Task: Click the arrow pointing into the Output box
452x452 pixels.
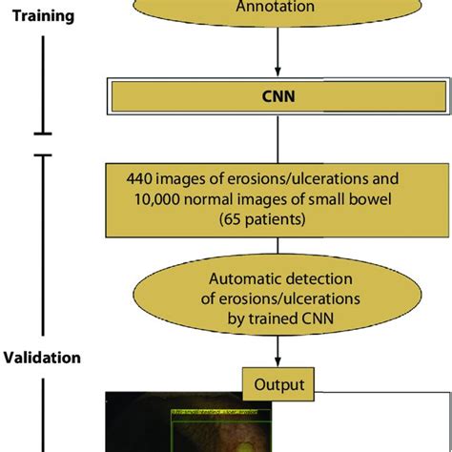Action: pos(277,360)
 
